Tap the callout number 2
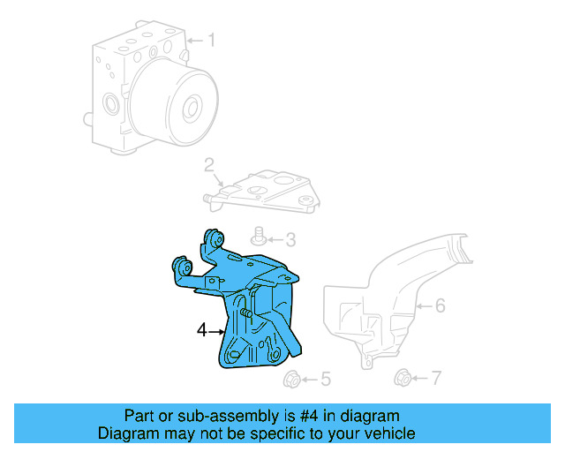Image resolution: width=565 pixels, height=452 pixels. (209, 164)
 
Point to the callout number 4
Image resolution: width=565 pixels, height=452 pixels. (201, 330)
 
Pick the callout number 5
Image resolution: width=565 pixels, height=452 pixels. (325, 380)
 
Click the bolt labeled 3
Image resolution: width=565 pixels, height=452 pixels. (260, 237)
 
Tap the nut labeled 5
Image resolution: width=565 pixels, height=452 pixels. (290, 380)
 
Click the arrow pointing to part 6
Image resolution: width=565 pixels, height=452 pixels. (423, 307)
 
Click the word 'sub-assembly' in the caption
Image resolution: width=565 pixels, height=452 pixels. (211, 416)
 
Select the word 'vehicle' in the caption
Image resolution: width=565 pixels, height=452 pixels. (388, 433)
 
